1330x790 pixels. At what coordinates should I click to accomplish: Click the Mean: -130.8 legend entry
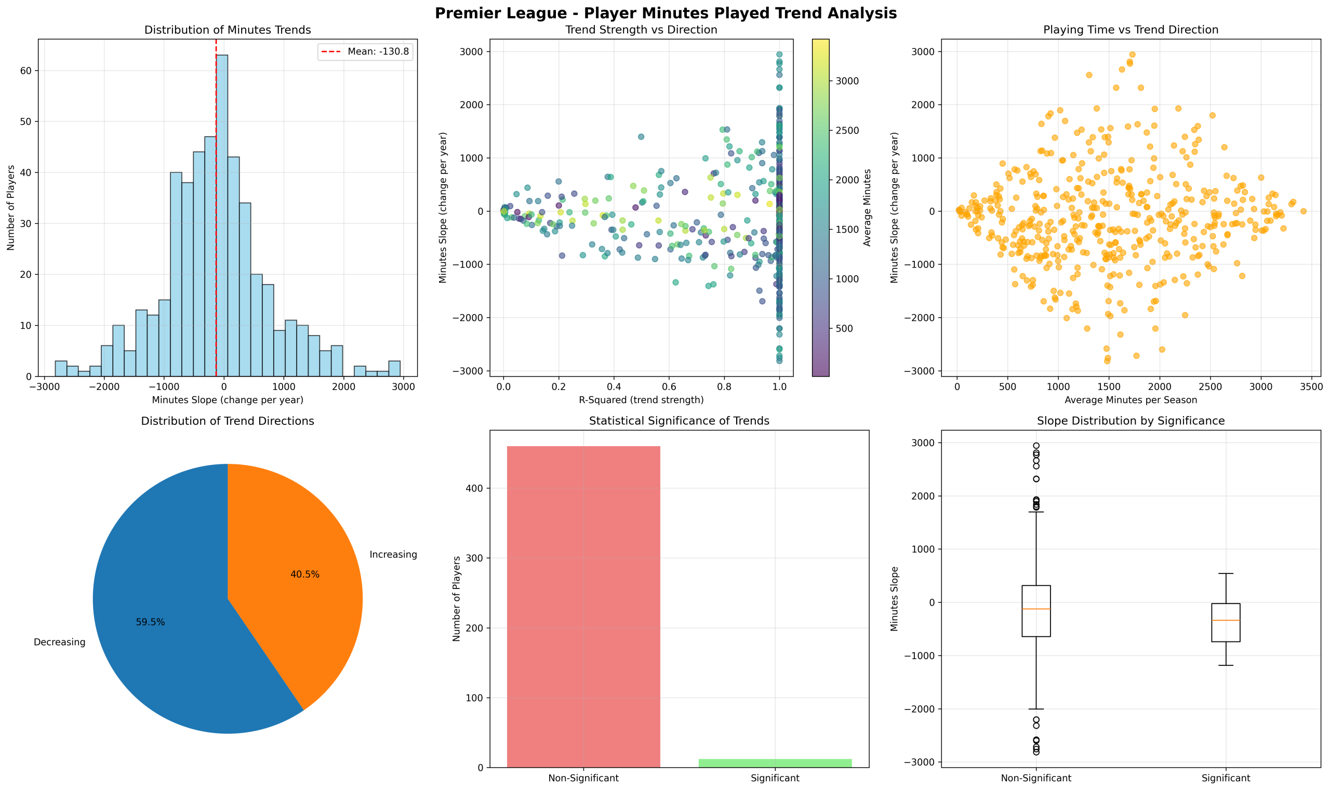(365, 51)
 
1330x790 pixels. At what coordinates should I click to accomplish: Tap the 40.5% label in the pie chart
(304, 574)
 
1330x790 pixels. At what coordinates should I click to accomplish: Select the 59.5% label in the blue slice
(150, 622)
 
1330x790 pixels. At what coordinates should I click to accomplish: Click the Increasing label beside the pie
(393, 555)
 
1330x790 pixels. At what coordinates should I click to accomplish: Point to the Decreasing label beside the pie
(59, 642)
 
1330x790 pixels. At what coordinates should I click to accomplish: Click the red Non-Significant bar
(583, 607)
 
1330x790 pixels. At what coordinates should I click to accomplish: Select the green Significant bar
(775, 764)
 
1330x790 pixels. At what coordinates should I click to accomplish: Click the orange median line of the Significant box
(1226, 620)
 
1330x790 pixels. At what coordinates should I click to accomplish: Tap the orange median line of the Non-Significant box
(1035, 608)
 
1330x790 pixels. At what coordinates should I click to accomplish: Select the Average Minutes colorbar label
(867, 208)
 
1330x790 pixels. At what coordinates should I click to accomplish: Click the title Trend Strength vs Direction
(641, 30)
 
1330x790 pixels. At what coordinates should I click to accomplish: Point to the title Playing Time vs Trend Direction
(1130, 30)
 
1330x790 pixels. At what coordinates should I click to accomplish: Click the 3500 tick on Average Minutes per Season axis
(1311, 386)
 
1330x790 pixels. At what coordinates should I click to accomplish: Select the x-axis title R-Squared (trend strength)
(641, 400)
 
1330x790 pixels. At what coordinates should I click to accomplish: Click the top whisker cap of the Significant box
(1226, 573)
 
